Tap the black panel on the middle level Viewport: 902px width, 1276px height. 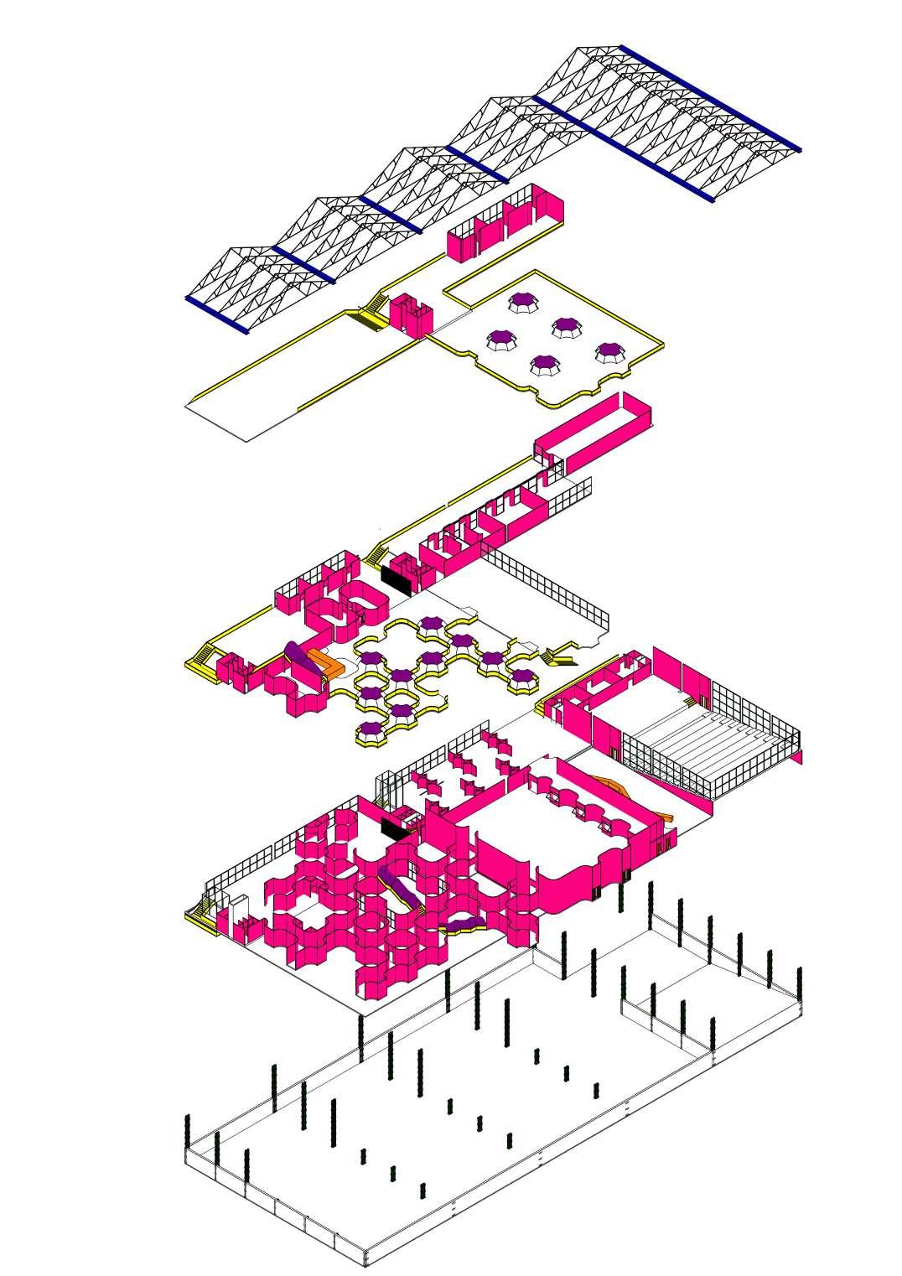click(395, 579)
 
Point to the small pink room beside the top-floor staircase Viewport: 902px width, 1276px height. click(411, 314)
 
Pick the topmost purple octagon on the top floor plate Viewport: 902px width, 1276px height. click(523, 300)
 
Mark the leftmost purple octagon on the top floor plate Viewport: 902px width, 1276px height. click(501, 338)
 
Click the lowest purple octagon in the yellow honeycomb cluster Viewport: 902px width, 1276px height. click(371, 728)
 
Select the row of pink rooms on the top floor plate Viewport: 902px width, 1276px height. click(503, 222)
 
